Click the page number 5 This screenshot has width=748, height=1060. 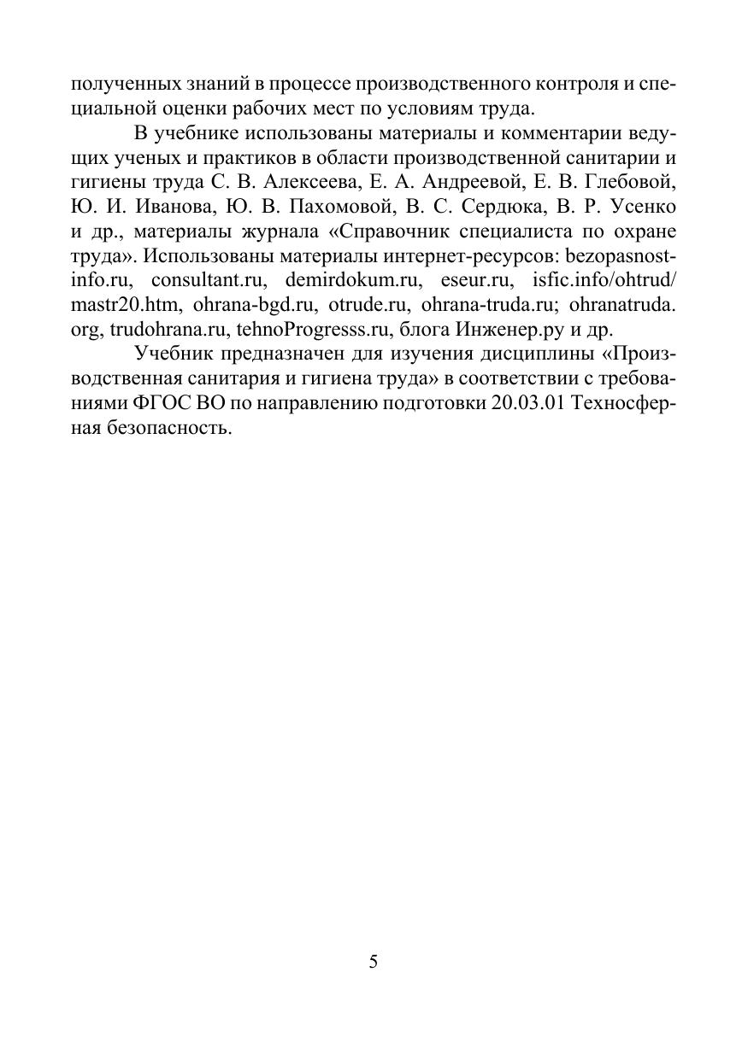(x=374, y=962)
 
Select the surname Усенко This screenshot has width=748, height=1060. (x=645, y=207)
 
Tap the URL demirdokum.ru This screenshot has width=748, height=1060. (x=354, y=280)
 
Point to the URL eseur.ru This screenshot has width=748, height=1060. (x=474, y=280)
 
